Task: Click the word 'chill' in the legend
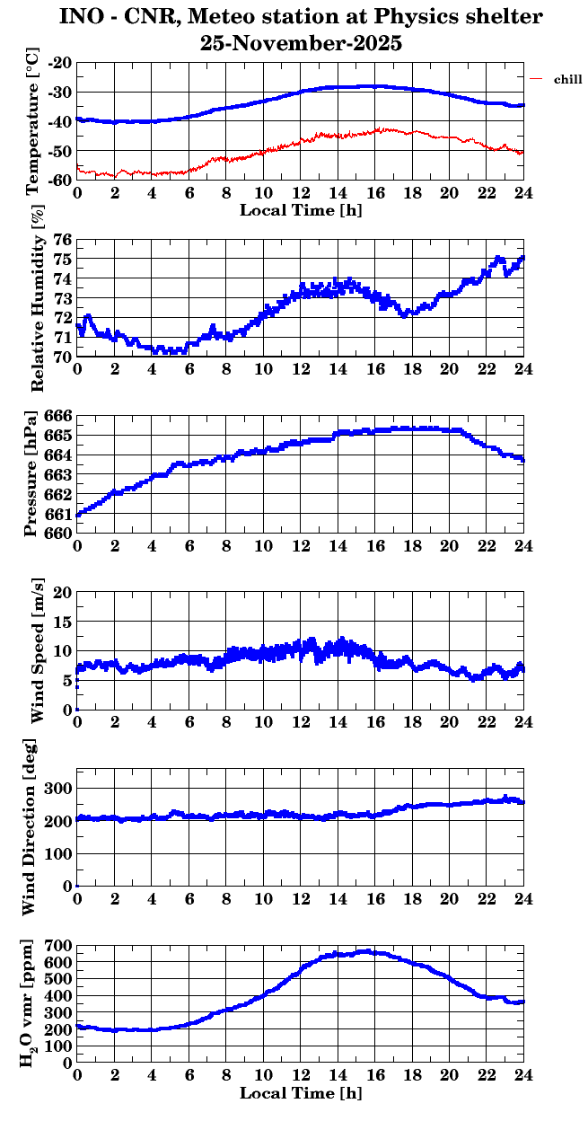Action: (568, 80)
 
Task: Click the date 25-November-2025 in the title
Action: (301, 43)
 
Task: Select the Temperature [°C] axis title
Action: (33, 121)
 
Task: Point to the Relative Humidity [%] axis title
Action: (37, 298)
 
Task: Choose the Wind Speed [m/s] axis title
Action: (37, 651)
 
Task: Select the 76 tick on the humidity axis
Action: (63, 240)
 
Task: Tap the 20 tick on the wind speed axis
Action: (63, 593)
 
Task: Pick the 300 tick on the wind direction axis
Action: (59, 788)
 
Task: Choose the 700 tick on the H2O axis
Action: (59, 946)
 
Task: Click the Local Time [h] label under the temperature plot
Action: (301, 210)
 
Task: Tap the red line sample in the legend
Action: (537, 80)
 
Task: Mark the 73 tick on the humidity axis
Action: (63, 298)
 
